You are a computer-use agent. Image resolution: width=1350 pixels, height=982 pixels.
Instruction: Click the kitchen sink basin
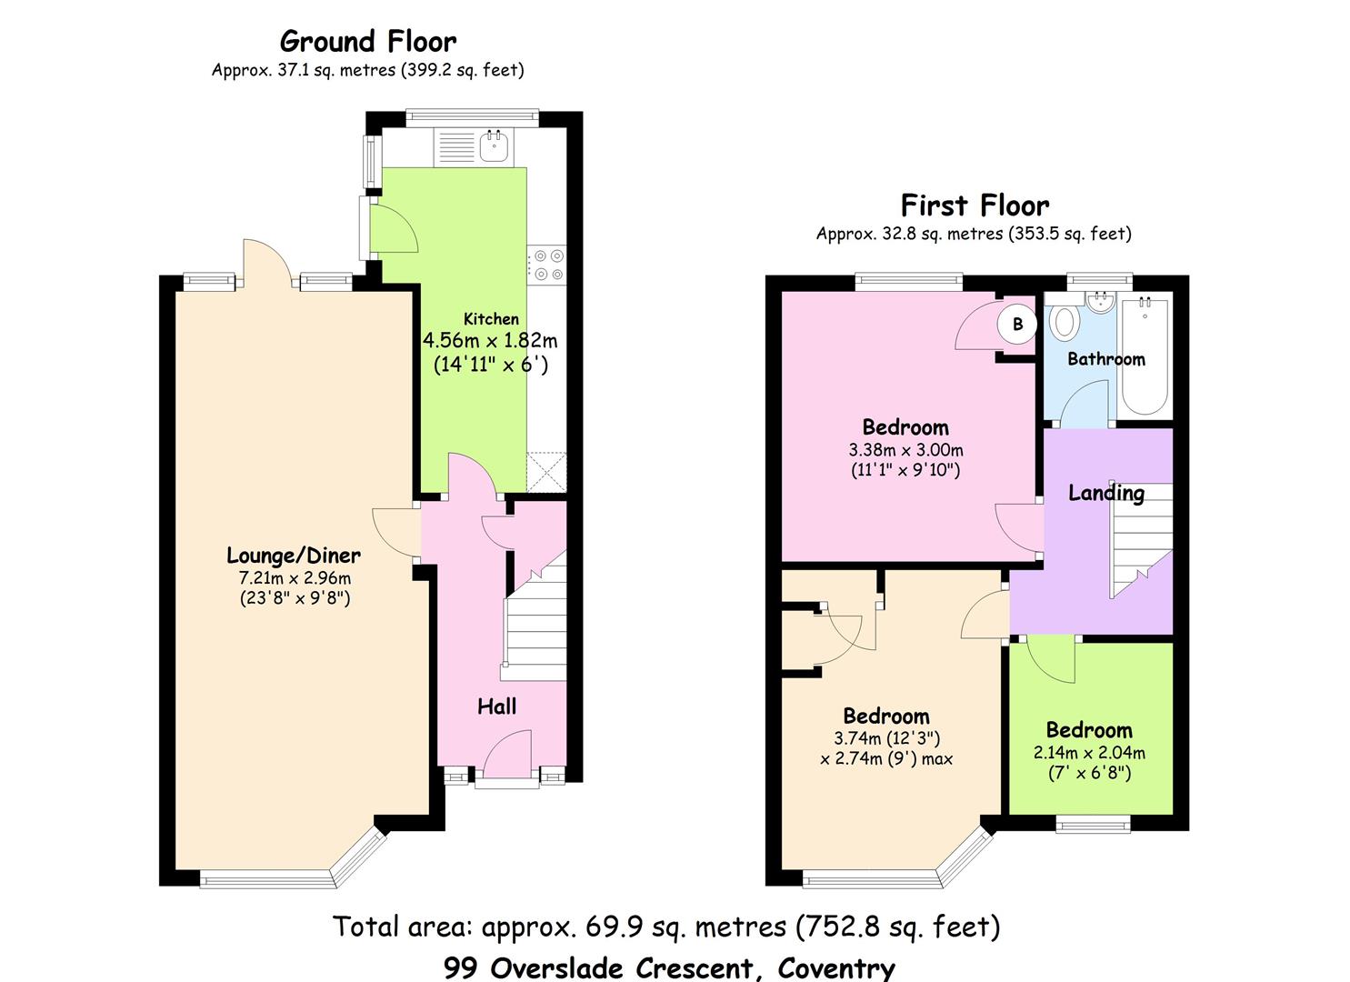coord(495,147)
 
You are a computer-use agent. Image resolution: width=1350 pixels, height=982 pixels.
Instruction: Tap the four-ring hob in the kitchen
coord(548,266)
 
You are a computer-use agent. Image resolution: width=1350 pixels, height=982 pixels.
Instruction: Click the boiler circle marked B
coord(1016,325)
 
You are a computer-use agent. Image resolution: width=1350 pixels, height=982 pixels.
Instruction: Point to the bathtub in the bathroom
coord(1145,355)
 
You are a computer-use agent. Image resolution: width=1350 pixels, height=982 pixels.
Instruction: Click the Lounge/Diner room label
coord(294,556)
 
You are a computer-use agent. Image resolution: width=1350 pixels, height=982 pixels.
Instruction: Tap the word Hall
coord(496,706)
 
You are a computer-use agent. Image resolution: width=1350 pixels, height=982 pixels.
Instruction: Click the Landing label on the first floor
coord(1106,493)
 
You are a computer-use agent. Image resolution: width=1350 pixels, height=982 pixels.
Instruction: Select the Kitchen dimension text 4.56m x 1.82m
coord(489,341)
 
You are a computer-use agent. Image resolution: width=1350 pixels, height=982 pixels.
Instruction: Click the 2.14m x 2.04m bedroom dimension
coord(1089,753)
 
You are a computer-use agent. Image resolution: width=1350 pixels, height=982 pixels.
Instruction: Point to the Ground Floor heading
coord(368,42)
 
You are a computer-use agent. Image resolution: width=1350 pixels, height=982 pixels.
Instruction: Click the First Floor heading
coord(975,205)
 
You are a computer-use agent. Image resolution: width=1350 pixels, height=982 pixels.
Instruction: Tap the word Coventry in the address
coord(836,968)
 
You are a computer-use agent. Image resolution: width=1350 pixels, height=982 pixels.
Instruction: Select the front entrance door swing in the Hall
coord(507,755)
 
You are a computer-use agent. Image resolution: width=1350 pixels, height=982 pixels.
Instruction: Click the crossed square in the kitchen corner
coord(546,473)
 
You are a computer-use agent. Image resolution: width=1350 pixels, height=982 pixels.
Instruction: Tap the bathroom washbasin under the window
coord(1101,303)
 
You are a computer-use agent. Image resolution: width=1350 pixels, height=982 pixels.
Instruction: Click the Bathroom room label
coord(1106,359)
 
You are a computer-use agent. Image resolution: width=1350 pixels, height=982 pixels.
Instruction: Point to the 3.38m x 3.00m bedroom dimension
coord(905,450)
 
